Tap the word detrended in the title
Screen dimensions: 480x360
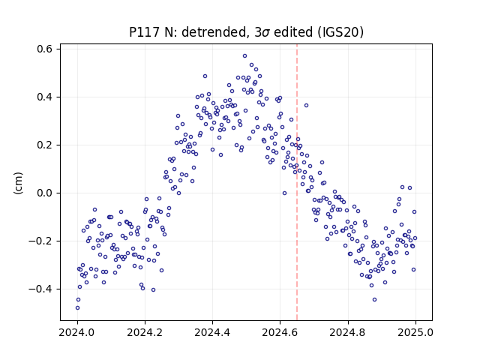coord(214,32)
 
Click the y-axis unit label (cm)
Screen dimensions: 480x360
coord(18,183)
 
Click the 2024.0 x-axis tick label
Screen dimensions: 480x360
coord(77,332)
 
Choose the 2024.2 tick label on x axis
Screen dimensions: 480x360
coord(145,332)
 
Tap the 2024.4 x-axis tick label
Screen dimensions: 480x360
coord(212,332)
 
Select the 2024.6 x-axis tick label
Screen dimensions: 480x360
coord(280,332)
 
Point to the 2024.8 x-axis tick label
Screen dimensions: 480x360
coord(348,332)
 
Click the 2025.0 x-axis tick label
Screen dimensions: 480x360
coord(415,332)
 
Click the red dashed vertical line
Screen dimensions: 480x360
coord(297,182)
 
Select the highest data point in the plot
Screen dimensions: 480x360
coord(245,56)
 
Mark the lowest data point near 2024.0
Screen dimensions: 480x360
coord(77,308)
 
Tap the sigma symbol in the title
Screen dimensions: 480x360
coord(266,33)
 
